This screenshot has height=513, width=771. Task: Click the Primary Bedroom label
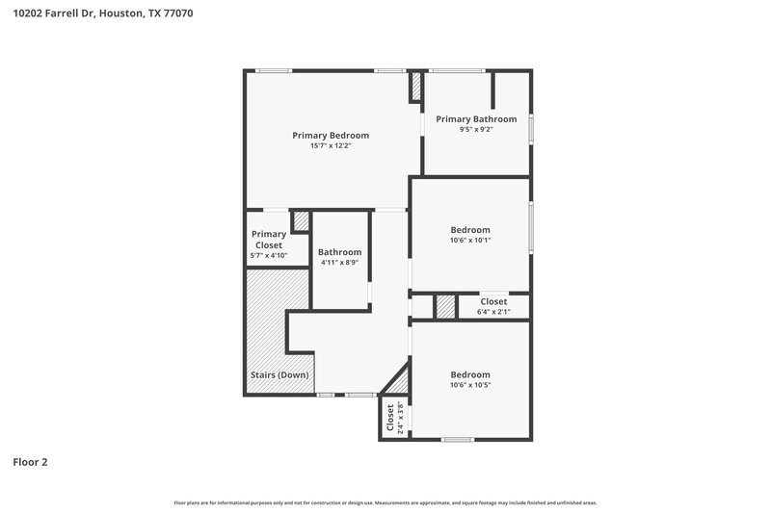point(331,136)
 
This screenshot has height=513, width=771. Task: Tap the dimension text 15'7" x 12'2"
point(331,146)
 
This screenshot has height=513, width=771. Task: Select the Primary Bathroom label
point(476,119)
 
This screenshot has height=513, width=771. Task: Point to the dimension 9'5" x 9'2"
point(476,130)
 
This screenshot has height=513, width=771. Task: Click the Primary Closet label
point(268,240)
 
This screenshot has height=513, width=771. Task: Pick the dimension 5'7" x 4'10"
point(268,256)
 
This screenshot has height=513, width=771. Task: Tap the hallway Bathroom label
point(339,252)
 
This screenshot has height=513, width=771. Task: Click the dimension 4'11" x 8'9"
point(339,263)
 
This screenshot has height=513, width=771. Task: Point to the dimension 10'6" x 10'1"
point(470,241)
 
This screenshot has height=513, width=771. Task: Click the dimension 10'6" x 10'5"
point(470,385)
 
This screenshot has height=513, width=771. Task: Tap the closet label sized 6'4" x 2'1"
point(493,301)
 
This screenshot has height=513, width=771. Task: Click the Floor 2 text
point(30,462)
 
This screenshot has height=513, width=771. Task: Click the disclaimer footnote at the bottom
point(385,502)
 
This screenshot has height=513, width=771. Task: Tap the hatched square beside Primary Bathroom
point(416,88)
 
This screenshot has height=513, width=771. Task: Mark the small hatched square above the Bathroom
point(301,221)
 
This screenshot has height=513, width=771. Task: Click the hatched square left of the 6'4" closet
point(444,307)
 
